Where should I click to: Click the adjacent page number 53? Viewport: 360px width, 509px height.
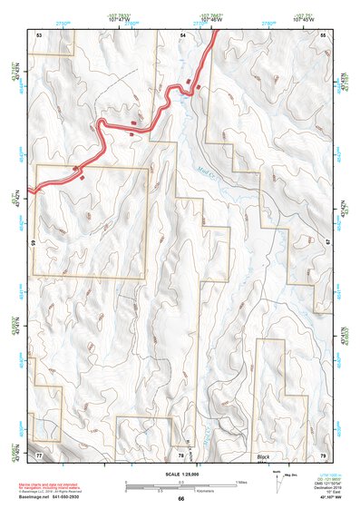pos(39,34)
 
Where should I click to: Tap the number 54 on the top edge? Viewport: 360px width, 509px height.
pos(182,34)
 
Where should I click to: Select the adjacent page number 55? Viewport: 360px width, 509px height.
pos(324,34)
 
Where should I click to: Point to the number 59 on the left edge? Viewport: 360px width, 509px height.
pos(34,242)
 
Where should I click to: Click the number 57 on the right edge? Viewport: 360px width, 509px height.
pos(328,242)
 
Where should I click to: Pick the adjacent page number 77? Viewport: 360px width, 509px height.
pos(39,453)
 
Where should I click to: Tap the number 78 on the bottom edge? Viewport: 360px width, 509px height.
pos(182,454)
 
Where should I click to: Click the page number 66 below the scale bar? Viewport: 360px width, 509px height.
pos(181,499)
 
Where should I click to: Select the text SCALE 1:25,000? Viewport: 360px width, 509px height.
pos(181,475)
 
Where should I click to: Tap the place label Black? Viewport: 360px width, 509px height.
pos(264,456)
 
